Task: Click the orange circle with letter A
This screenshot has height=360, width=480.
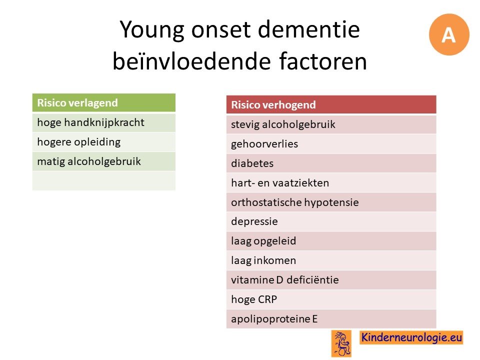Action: click(449, 34)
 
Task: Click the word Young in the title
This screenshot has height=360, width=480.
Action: click(152, 30)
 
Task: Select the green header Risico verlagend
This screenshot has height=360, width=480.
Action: click(104, 102)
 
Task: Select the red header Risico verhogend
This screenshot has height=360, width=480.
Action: click(331, 104)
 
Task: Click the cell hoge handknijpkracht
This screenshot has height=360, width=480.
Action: click(104, 123)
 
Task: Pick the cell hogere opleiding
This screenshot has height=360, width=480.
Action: click(104, 142)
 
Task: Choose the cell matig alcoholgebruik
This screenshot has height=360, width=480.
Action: click(104, 161)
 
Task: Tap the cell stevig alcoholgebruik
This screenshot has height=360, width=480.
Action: click(331, 124)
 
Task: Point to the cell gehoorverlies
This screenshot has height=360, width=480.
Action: click(331, 144)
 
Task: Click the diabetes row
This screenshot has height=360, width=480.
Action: click(331, 163)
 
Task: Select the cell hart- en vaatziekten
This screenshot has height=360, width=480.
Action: click(331, 183)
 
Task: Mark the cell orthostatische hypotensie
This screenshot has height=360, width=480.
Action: click(331, 202)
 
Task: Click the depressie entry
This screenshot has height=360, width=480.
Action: click(331, 221)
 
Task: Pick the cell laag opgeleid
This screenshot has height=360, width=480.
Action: click(331, 241)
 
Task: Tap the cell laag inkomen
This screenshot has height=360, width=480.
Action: click(331, 260)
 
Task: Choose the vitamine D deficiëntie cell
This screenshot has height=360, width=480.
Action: click(331, 280)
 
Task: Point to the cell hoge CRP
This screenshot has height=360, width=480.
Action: click(331, 299)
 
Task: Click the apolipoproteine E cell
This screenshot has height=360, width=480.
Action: click(331, 318)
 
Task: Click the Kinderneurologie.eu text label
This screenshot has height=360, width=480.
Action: click(411, 337)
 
